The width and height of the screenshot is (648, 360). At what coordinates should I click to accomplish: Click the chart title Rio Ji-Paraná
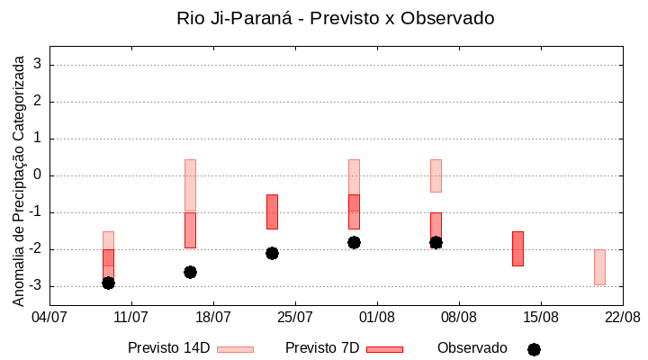click(335, 18)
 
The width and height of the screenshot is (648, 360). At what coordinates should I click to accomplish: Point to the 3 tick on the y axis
click(38, 65)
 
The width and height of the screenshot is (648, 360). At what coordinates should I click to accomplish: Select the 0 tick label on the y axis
click(38, 175)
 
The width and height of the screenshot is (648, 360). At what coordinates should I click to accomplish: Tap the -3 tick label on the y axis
click(35, 286)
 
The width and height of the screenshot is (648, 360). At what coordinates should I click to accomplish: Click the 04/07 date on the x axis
click(49, 317)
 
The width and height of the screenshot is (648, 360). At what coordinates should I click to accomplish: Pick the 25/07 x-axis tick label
click(295, 317)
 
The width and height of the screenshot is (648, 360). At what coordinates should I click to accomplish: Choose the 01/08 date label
click(377, 317)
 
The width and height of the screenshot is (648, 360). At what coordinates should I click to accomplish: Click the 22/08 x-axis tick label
click(622, 317)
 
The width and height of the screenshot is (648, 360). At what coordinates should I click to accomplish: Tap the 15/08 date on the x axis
click(541, 317)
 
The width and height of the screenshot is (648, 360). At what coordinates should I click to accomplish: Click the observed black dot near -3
click(108, 283)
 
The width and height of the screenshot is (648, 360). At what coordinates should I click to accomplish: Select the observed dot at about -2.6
click(190, 272)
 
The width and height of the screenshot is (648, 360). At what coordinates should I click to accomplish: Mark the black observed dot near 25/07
click(272, 253)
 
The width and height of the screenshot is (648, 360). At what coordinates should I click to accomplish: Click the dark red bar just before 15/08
click(517, 248)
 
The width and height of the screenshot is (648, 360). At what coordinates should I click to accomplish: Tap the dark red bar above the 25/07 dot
click(272, 211)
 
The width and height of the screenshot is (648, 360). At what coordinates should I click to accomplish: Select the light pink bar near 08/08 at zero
click(436, 175)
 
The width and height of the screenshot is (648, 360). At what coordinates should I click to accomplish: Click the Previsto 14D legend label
click(168, 348)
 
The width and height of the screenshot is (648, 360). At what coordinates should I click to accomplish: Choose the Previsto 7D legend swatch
click(384, 349)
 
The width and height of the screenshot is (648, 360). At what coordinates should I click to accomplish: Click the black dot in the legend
click(534, 349)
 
